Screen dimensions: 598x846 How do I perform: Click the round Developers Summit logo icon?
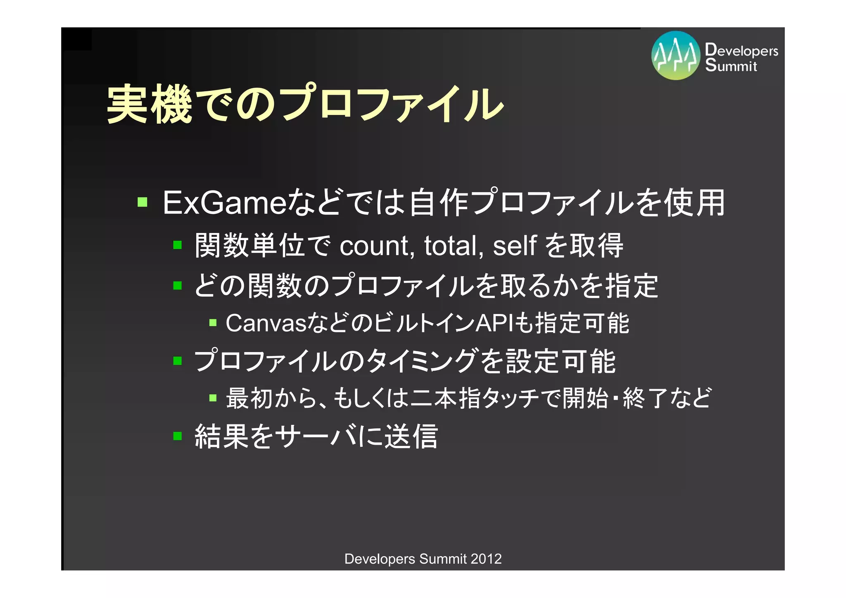tap(675, 55)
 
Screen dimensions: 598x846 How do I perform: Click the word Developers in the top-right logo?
tap(741, 50)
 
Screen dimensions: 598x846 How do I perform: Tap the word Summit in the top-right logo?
tap(731, 66)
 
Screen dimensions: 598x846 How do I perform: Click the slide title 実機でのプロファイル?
tap(305, 103)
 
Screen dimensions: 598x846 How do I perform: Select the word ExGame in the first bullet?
tap(224, 203)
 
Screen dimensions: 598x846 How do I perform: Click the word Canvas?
tap(266, 323)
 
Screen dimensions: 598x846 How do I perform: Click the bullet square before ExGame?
tap(143, 202)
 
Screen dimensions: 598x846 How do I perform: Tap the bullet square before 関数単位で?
tap(178, 245)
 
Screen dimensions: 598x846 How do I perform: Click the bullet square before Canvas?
tap(213, 322)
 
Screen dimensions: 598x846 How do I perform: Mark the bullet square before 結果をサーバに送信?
tap(178, 436)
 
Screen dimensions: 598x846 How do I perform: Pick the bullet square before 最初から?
tap(213, 398)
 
